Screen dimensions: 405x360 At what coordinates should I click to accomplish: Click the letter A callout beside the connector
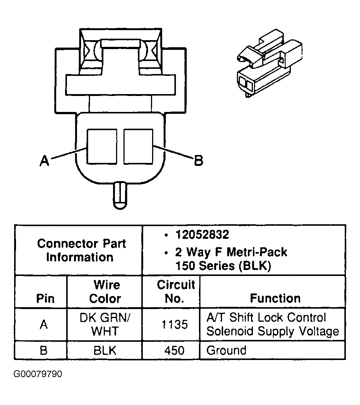point(44,161)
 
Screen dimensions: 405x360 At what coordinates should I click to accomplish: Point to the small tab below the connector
point(120,195)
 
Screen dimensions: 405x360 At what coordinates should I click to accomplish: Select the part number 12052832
point(202,235)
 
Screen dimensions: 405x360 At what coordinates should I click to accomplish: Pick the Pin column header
point(45,299)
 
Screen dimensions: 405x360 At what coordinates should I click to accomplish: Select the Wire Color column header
point(105,292)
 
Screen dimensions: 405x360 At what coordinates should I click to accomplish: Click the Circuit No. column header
point(176,292)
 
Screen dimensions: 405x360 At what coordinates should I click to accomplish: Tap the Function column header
point(275,298)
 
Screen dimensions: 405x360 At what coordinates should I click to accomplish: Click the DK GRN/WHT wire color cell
point(105,324)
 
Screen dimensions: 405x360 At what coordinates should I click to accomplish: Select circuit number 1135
point(174,325)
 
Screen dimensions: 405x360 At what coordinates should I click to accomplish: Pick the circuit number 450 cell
point(174,350)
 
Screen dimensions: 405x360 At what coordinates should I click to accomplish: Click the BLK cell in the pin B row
point(105,350)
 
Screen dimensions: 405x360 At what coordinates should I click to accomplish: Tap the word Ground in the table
point(226,350)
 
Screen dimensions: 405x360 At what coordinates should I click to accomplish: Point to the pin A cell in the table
point(44,325)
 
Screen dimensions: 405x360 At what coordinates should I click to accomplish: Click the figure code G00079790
point(38,373)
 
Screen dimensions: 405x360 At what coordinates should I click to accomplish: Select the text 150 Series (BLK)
point(223,266)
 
